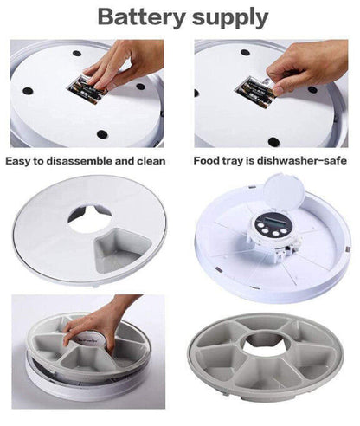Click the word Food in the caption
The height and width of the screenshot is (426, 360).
(209, 161)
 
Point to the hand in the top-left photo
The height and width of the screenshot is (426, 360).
(121, 65)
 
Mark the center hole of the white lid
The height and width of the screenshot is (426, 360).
(89, 216)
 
